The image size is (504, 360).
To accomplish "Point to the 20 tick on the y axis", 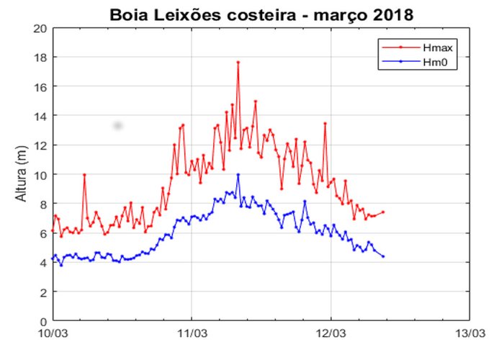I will pos(40,28).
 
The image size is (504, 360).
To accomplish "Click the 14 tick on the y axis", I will pos(40,116).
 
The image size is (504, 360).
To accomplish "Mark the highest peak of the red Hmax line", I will pos(238,63).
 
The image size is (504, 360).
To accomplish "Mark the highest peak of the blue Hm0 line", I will pos(238,174).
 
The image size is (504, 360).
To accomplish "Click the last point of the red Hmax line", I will pos(383,212).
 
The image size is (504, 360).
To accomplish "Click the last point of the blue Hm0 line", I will pos(383,256).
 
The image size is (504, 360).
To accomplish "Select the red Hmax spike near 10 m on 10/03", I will pos(84,174).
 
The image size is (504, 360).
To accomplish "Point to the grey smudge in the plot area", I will pos(117,126).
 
